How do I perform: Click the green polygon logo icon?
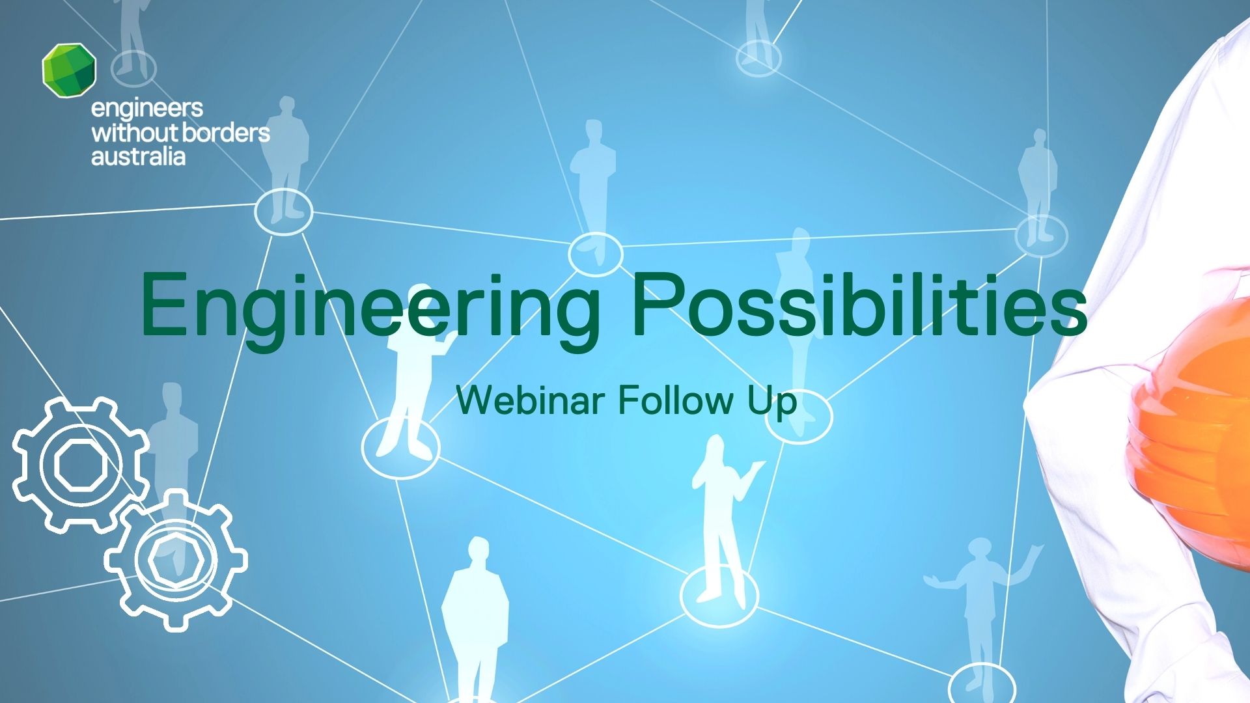click(69, 70)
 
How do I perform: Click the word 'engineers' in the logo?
click(147, 109)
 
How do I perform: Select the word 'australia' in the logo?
click(138, 157)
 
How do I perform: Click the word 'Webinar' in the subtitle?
click(530, 400)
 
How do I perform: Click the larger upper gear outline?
click(79, 465)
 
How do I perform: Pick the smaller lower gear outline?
click(176, 560)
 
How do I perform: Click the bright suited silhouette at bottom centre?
click(475, 618)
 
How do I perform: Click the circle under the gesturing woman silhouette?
click(719, 596)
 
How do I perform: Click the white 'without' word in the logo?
click(134, 133)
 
